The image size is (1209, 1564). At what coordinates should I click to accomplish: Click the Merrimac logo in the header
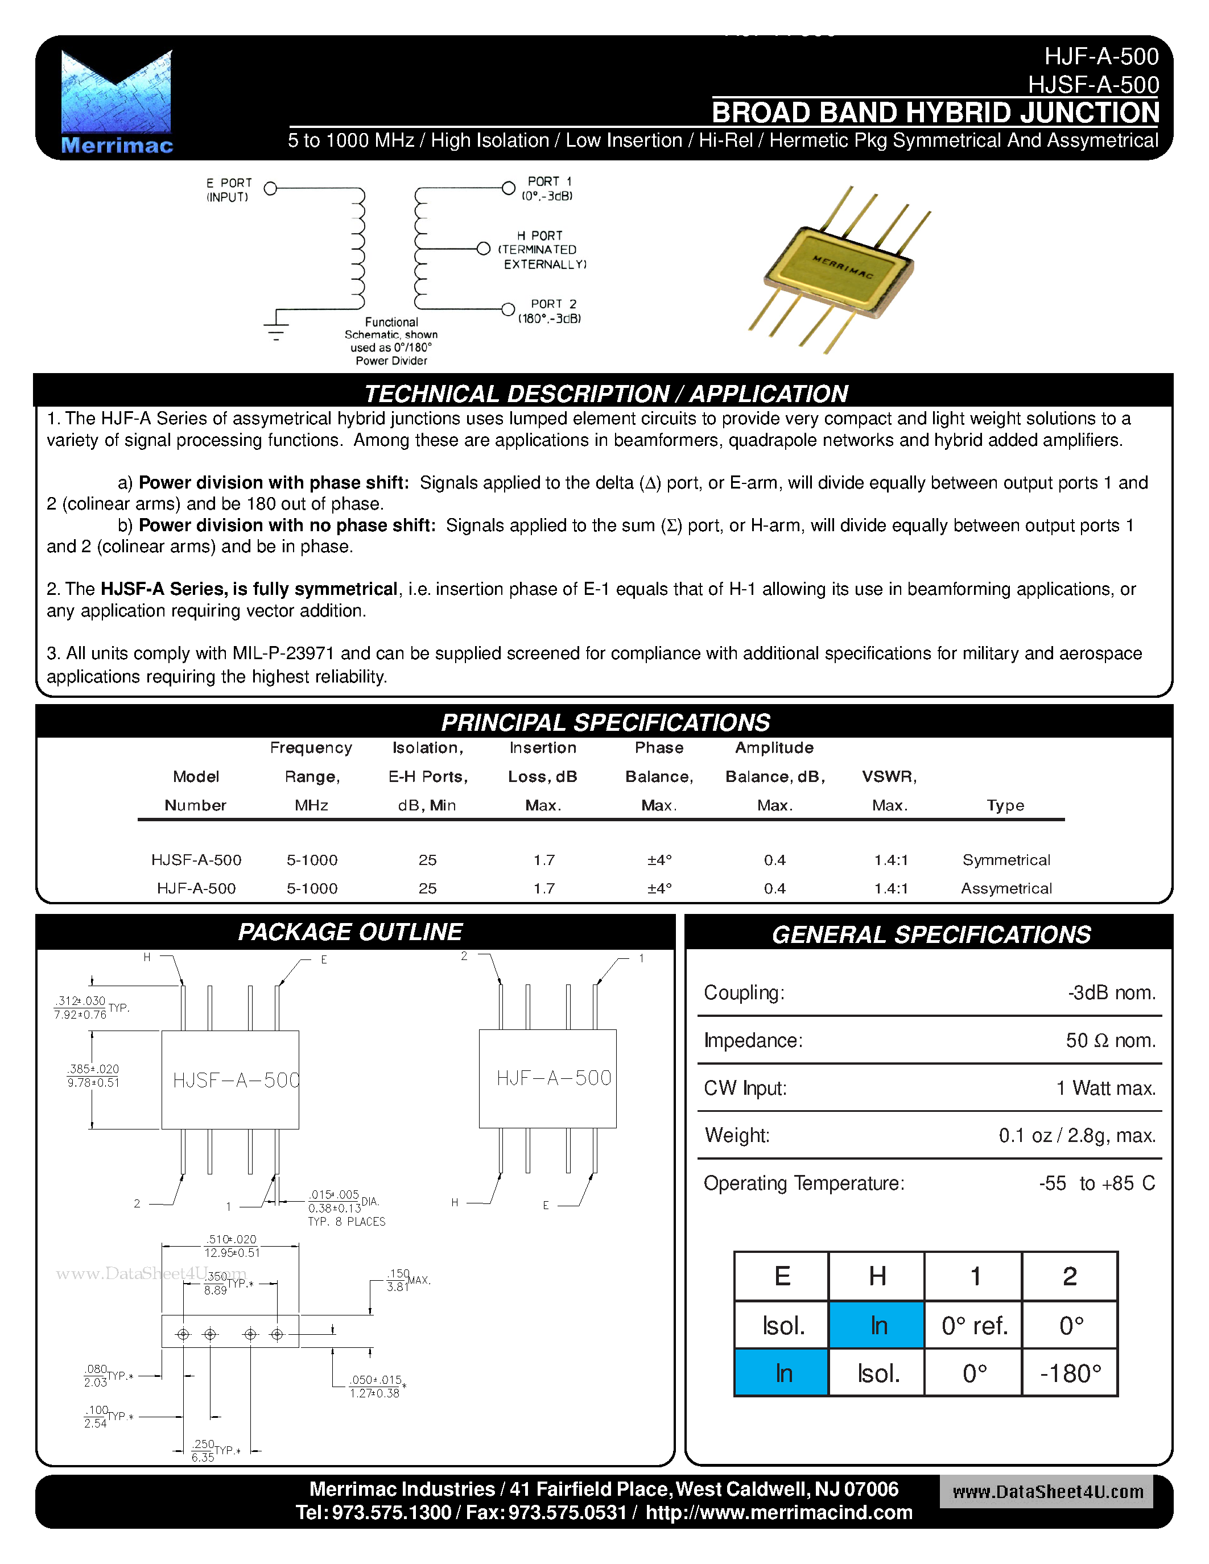coord(117,102)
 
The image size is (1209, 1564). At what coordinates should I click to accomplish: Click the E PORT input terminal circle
coord(271,188)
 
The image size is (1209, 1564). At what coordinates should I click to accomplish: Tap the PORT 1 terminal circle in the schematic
coord(508,188)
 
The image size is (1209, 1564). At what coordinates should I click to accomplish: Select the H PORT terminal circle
coord(484,249)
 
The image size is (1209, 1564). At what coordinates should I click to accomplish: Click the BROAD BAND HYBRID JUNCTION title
coord(935,113)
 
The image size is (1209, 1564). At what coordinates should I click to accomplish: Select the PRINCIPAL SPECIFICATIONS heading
coord(605,722)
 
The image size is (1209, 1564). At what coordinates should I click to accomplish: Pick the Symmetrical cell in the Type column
coord(1005,859)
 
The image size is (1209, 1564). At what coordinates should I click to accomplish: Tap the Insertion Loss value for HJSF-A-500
coord(543,859)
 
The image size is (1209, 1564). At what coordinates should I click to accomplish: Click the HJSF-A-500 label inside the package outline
coord(236,1080)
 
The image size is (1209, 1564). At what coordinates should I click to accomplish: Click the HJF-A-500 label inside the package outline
coord(554,1078)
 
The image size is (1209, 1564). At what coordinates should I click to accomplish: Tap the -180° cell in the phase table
coord(1070,1373)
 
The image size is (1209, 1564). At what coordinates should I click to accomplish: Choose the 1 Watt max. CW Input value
coord(1106,1089)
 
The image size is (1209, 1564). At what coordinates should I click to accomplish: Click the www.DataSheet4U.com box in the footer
coord(1046,1492)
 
